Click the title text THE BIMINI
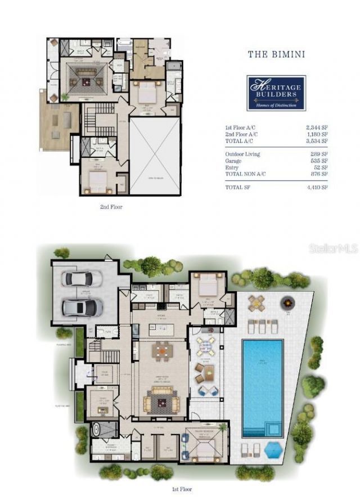click(276, 55)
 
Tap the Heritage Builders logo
click(276, 93)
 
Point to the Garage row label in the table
click(234, 160)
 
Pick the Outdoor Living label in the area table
click(242, 154)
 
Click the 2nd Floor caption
click(110, 207)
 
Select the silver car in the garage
click(83, 307)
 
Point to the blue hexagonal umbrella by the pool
click(273, 450)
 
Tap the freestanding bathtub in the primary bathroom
click(97, 431)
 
